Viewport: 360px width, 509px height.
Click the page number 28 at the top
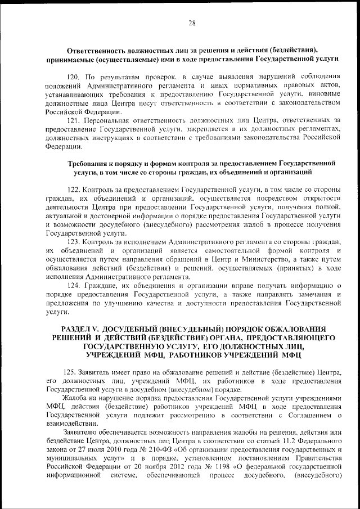[x=191, y=23]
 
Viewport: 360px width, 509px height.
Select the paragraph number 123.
[x=74, y=241]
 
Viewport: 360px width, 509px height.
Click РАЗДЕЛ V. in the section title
[x=80, y=328]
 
